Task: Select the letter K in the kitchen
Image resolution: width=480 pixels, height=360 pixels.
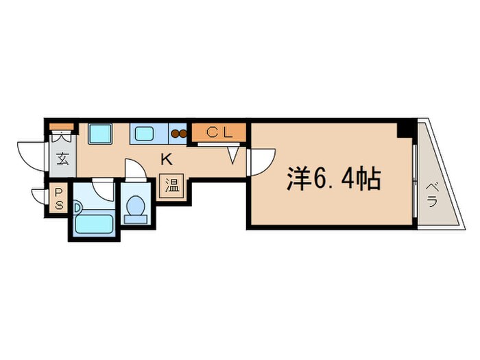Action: [x=165, y=160]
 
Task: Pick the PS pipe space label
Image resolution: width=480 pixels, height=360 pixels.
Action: [x=59, y=200]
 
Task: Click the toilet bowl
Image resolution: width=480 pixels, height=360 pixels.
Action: [x=136, y=206]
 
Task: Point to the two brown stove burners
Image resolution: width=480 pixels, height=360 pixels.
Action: [x=179, y=134]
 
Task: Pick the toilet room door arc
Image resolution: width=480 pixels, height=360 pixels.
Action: [x=135, y=170]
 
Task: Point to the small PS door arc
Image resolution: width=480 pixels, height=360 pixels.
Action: [x=38, y=195]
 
